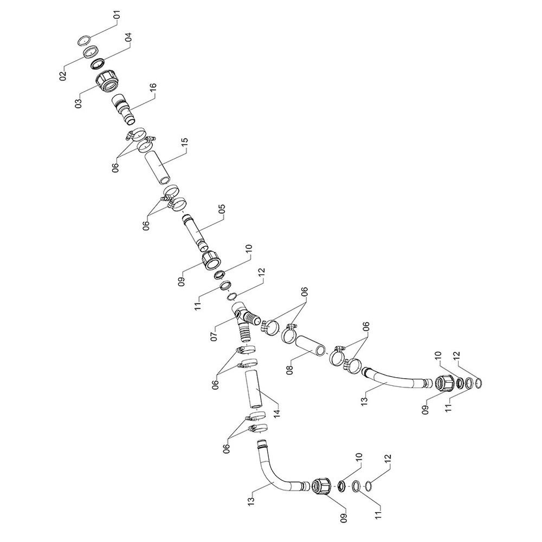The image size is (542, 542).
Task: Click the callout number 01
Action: point(117,16)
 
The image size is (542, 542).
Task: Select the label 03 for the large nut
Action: point(79,104)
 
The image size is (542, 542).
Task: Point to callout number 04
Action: point(128,37)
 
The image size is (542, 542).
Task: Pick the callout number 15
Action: point(185,143)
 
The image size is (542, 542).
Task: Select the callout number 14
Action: point(276,412)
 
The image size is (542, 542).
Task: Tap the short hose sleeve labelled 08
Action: point(311,346)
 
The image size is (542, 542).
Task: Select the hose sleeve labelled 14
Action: point(255,389)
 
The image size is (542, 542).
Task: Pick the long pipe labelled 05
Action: point(195,233)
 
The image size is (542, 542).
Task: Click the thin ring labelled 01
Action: point(83,40)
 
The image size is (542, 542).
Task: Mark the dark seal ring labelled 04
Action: point(98,64)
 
